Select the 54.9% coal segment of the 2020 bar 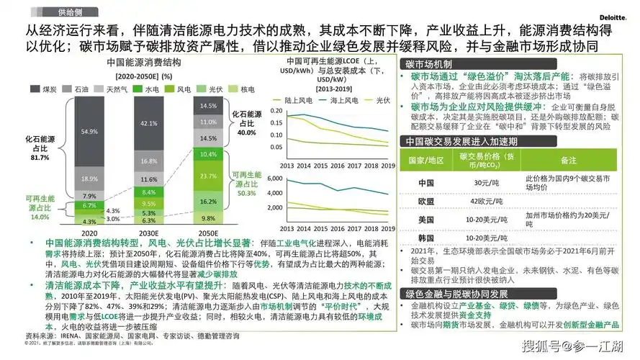pyautogui.click(x=89, y=132)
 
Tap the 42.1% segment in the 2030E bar pyautogui.click(x=148, y=123)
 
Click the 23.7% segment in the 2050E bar pyautogui.click(x=208, y=176)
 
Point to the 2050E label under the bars pyautogui.click(x=208, y=233)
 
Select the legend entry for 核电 pyautogui.click(x=248, y=89)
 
